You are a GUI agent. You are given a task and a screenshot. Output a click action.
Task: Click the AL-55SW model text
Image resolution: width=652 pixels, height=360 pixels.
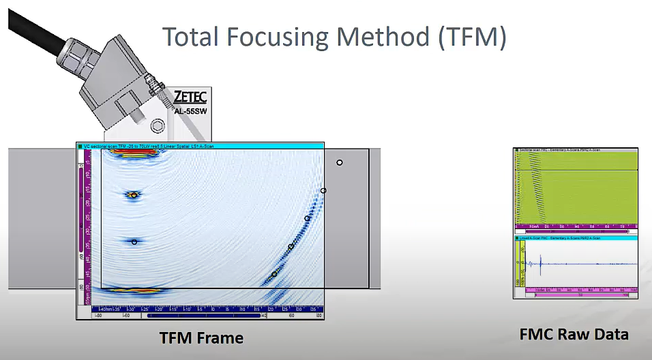pyautogui.click(x=192, y=112)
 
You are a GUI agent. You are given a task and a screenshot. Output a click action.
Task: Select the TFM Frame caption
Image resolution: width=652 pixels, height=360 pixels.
pyautogui.click(x=201, y=338)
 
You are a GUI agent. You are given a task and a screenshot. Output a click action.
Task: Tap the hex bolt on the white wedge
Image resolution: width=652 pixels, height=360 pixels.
pyautogui.click(x=158, y=125)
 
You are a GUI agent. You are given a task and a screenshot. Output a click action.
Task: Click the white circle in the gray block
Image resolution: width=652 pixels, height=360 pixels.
pyautogui.click(x=340, y=162)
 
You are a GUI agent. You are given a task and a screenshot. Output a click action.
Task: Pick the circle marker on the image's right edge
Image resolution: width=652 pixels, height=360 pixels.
pyautogui.click(x=323, y=191)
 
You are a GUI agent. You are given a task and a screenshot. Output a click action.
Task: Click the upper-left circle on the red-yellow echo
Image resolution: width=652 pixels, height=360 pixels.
pyautogui.click(x=134, y=195)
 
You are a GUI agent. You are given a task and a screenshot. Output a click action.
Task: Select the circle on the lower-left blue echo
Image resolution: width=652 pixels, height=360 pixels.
pyautogui.click(x=134, y=242)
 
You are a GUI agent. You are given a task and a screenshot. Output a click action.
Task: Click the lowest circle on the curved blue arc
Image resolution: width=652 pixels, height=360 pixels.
pyautogui.click(x=274, y=274)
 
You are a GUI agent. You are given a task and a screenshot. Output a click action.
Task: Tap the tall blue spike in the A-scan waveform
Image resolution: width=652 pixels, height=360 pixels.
pyautogui.click(x=539, y=262)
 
